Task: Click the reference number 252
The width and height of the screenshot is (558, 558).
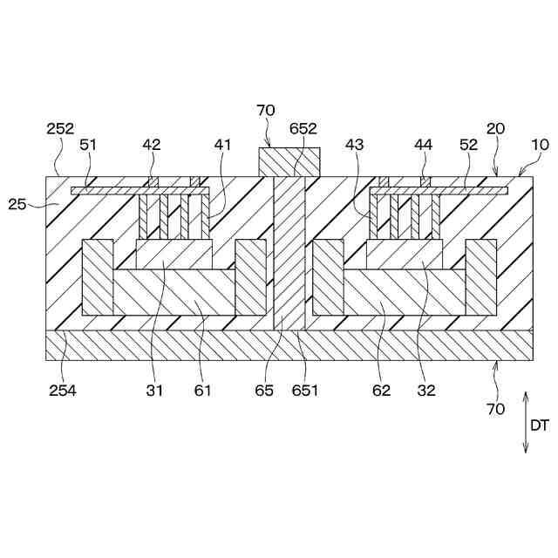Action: click(x=60, y=128)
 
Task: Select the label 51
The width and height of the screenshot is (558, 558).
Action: click(x=89, y=145)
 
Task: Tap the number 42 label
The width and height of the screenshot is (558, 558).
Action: click(x=152, y=145)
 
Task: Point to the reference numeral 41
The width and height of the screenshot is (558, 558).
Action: click(x=223, y=145)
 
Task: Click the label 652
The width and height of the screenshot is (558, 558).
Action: click(x=303, y=128)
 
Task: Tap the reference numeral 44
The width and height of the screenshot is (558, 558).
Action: click(x=425, y=145)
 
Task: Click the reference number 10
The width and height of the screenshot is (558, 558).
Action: click(x=541, y=145)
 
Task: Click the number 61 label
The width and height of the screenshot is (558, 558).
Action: click(x=202, y=390)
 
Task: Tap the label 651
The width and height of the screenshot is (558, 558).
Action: click(x=306, y=390)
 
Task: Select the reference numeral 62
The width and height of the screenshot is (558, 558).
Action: click(x=381, y=390)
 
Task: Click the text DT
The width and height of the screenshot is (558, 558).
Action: click(x=540, y=425)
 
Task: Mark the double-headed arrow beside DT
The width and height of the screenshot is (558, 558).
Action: click(x=525, y=422)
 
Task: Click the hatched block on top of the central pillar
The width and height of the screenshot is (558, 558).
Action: click(x=289, y=161)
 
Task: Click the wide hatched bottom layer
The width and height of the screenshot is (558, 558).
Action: click(x=288, y=344)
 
